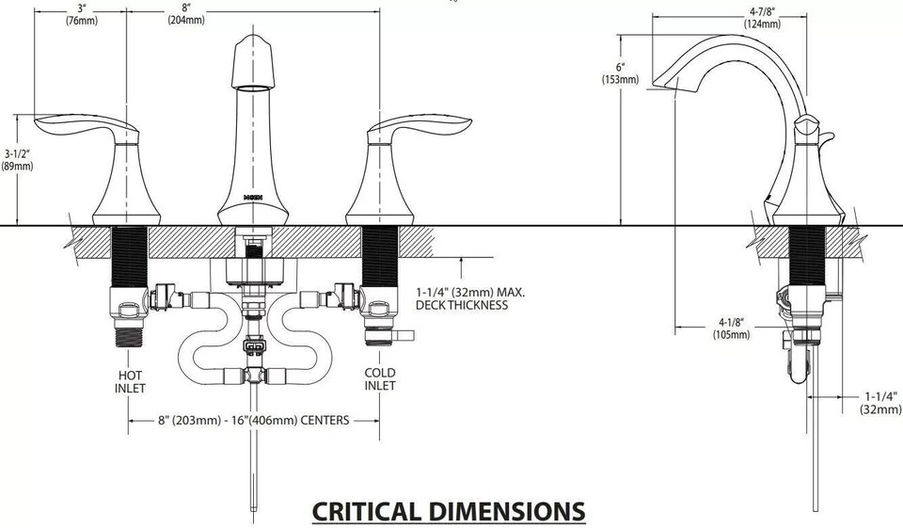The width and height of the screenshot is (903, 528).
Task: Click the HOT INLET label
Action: [130, 379]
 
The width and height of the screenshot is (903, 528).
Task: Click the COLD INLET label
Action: [380, 379]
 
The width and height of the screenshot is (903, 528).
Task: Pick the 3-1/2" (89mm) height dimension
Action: [17, 159]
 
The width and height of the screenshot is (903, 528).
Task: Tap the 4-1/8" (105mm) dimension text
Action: [730, 328]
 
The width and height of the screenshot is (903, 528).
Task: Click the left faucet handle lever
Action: [80, 126]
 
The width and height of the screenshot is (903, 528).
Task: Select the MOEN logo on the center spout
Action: [253, 198]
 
